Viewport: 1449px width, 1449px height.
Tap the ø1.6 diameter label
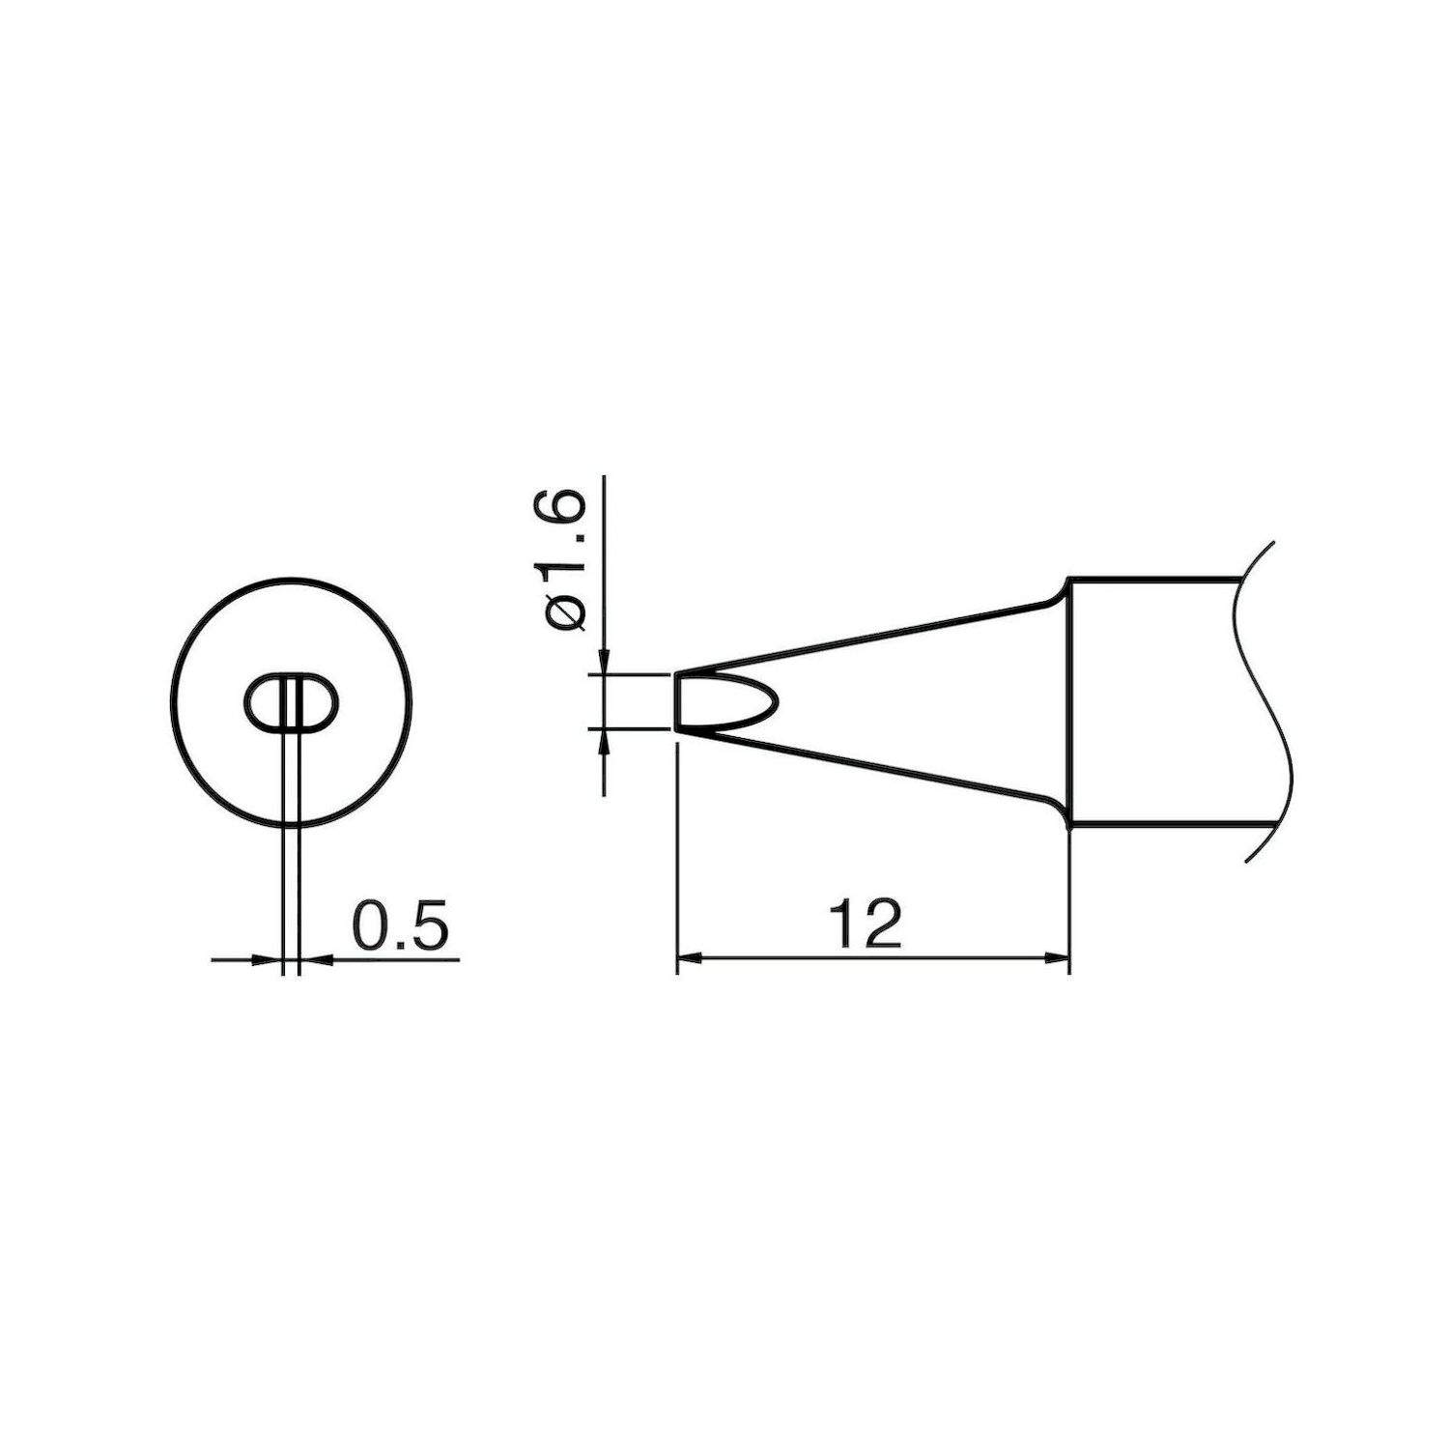click(567, 560)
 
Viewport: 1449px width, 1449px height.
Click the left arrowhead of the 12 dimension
click(687, 958)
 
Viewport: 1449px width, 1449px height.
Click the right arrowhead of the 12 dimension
click(1059, 958)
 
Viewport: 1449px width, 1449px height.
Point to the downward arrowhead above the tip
click(604, 661)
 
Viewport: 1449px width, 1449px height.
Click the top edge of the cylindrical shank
click(1150, 578)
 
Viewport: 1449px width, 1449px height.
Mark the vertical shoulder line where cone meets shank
click(1069, 699)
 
